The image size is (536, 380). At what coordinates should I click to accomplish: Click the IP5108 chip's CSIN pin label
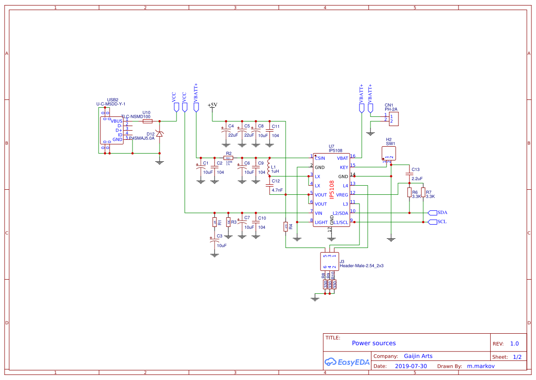[320, 158]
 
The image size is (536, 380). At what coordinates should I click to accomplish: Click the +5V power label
[212, 105]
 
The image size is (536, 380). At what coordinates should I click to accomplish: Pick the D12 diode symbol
[159, 133]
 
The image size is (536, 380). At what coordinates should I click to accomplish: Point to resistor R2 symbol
[228, 158]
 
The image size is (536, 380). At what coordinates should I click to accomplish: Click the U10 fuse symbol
[147, 121]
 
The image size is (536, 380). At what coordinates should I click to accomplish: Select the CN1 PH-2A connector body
[393, 119]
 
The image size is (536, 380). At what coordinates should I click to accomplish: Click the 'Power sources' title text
[374, 343]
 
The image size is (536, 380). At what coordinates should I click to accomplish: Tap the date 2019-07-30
[411, 366]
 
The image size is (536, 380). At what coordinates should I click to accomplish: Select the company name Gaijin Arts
[418, 356]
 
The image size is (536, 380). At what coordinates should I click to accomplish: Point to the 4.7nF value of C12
[277, 190]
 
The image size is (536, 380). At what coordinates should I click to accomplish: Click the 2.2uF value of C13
[417, 178]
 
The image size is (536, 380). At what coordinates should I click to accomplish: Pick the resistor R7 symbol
[423, 193]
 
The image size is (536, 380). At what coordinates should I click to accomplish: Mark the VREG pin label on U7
[342, 195]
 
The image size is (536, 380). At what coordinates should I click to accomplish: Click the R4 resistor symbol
[286, 226]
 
